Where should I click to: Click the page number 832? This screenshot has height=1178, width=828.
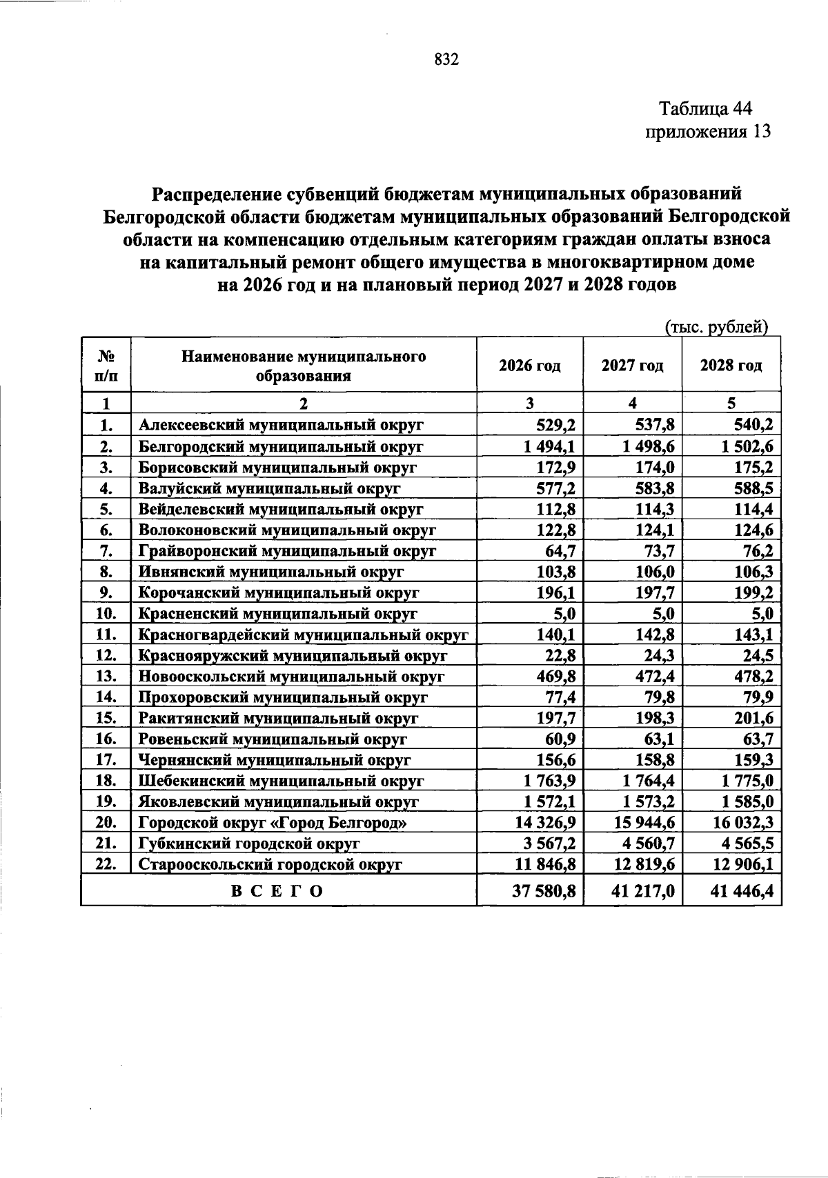446,60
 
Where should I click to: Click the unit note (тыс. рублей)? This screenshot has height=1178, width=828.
717,326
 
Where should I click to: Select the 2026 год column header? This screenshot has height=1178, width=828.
529,366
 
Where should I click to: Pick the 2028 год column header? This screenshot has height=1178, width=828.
731,366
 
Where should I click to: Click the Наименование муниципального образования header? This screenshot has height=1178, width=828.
303,366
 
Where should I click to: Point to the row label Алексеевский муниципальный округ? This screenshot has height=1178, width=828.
281,426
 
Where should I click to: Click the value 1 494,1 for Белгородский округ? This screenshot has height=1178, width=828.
550,447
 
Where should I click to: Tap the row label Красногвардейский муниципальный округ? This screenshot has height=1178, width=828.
304,635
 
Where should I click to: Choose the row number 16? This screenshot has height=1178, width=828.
106,739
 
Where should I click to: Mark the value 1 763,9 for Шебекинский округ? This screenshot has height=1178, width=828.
550,781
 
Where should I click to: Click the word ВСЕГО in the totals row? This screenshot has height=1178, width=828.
277,891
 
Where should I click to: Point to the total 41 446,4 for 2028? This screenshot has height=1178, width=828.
742,891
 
